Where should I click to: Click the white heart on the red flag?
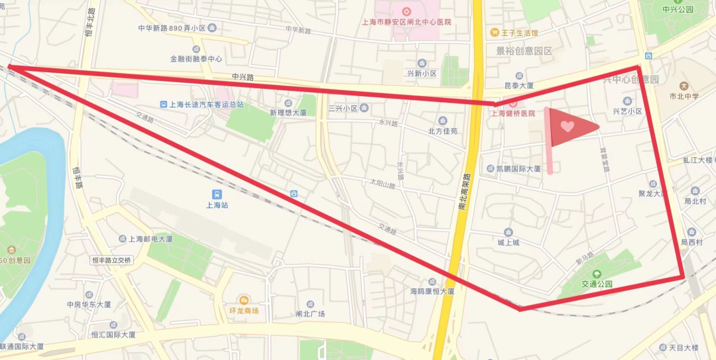pyautogui.click(x=567, y=126)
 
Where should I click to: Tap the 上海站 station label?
pyautogui.click(x=217, y=206)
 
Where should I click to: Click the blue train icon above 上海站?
pyautogui.click(x=217, y=194)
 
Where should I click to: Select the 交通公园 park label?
pyautogui.click(x=597, y=284)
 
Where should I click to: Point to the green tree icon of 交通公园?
pyautogui.click(x=596, y=274)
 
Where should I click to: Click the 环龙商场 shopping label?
pyautogui.click(x=243, y=310)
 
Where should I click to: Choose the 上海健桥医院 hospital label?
pyautogui.click(x=512, y=113)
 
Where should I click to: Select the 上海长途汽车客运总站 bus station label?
pyautogui.click(x=207, y=105)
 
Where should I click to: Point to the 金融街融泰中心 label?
pyautogui.click(x=196, y=59)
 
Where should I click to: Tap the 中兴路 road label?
pyautogui.click(x=243, y=77)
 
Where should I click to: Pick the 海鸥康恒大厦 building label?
pyautogui.click(x=432, y=291)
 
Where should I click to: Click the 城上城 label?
pyautogui.click(x=508, y=243)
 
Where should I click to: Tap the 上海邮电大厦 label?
pyautogui.click(x=150, y=239)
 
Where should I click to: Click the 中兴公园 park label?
pyautogui.click(x=678, y=9)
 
